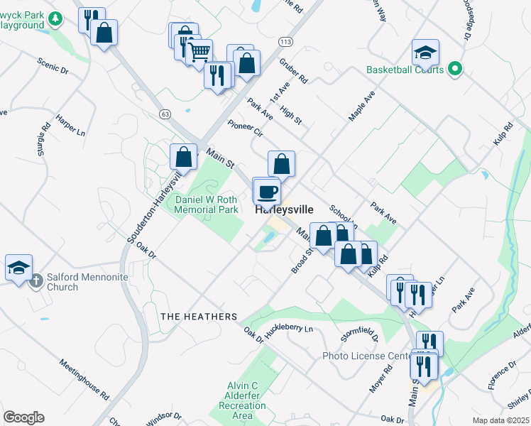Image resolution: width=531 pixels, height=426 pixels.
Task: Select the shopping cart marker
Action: point(199,51)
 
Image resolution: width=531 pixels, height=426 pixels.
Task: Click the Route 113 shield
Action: point(285,43)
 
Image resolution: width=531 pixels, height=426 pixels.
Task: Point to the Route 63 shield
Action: point(165,114)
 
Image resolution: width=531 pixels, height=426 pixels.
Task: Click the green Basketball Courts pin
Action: point(455,70)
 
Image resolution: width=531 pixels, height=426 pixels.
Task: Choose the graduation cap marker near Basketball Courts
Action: point(425,52)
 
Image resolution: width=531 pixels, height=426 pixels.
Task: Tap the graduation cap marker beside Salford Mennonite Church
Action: point(18,268)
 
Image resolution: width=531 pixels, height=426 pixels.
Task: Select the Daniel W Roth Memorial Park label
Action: point(207,205)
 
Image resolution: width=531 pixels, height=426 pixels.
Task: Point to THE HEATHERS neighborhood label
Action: point(198,316)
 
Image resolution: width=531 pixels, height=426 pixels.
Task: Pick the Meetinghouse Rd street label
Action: point(83,381)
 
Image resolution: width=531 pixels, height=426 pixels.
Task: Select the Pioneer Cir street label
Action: point(246,129)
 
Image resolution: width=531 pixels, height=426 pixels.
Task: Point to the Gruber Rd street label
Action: point(294,72)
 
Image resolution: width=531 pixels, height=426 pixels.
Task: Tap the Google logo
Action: point(23,417)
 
